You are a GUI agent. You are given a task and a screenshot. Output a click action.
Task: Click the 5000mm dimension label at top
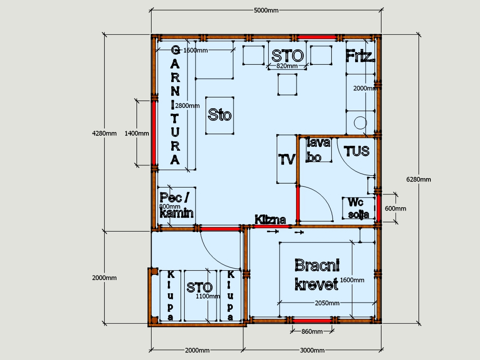(x=266, y=10)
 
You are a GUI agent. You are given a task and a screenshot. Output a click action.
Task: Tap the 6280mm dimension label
(x=418, y=180)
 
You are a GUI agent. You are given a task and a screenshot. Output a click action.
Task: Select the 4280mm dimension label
(x=104, y=133)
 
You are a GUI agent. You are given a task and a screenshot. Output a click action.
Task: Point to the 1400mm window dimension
(x=137, y=133)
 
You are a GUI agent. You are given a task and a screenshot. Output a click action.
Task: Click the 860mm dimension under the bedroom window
(x=312, y=332)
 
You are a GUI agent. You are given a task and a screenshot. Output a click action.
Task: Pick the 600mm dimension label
(x=395, y=208)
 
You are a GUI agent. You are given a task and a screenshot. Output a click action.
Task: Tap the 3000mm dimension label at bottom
(x=312, y=350)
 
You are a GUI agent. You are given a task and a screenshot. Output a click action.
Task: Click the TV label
(x=287, y=159)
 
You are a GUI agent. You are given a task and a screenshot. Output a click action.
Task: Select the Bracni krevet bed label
(x=317, y=275)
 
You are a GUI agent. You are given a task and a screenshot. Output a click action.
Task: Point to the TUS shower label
(x=356, y=151)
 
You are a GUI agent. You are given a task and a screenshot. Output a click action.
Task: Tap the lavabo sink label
(x=318, y=150)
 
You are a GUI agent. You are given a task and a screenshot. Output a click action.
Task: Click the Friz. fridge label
(x=360, y=56)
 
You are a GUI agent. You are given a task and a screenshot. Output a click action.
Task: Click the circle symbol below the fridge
(x=360, y=123)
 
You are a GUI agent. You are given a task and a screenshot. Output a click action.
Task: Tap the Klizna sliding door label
(x=270, y=220)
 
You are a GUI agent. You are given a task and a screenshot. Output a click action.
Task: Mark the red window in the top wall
(x=317, y=37)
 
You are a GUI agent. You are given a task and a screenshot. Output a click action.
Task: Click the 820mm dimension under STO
(x=287, y=66)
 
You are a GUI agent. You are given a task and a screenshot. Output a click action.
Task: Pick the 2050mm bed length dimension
(x=327, y=303)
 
